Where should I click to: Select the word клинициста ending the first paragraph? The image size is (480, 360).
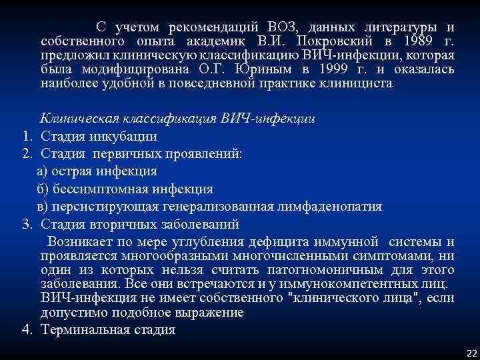coord(361,84)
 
